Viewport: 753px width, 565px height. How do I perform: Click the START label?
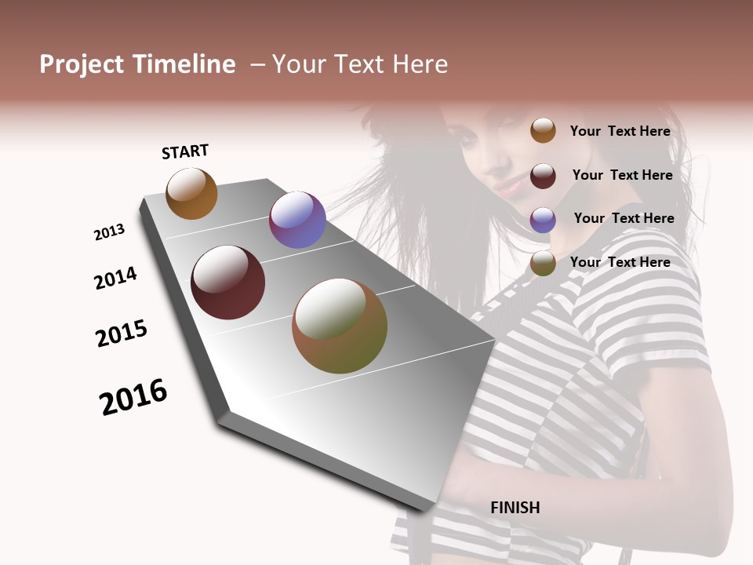tap(185, 151)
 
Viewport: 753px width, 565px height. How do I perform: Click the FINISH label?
tap(515, 508)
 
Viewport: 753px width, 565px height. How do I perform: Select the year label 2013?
tap(109, 231)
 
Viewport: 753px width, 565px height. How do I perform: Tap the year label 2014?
tap(115, 278)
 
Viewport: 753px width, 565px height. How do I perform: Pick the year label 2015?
tap(122, 334)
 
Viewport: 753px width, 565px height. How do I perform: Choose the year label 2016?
tap(133, 397)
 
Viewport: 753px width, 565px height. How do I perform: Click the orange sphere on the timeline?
tap(191, 194)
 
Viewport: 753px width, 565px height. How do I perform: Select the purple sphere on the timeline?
tap(297, 220)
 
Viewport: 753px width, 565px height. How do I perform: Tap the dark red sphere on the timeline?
tap(227, 282)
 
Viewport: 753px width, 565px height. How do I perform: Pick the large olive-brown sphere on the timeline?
tap(340, 326)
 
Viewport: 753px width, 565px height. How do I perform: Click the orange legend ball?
tap(543, 130)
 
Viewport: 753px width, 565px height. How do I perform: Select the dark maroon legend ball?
tap(543, 176)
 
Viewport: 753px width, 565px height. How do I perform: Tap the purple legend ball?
tap(543, 220)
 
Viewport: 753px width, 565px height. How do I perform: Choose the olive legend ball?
tap(543, 264)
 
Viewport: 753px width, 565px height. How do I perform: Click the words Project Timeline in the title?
tap(137, 64)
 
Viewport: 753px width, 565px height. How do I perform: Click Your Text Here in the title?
tap(360, 64)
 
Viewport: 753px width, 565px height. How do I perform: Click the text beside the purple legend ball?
tap(624, 218)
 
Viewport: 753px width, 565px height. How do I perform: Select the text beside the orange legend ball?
tap(620, 131)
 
